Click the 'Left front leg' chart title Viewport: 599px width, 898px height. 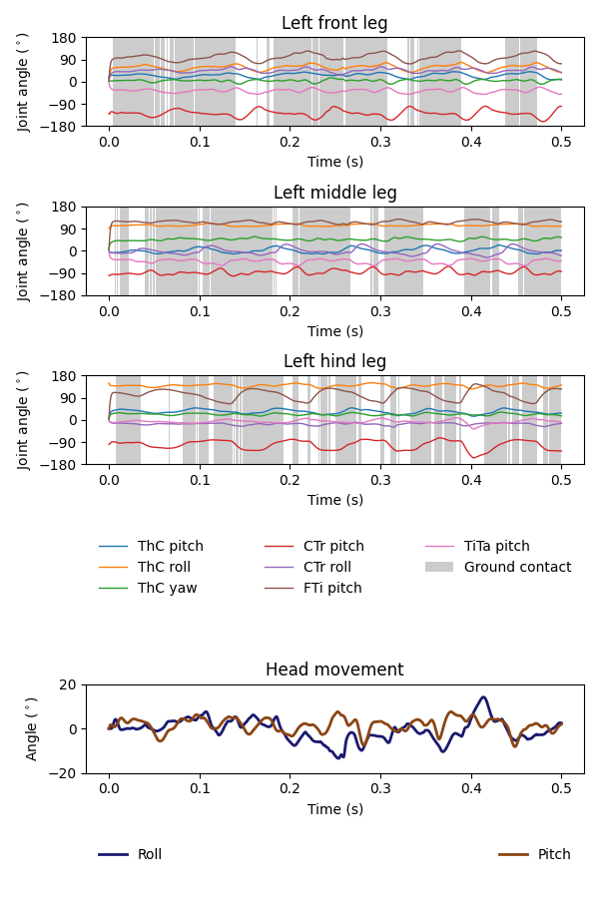point(334,23)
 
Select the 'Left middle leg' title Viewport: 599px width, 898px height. point(334,193)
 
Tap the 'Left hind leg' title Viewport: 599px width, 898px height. point(334,361)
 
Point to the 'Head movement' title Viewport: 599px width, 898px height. point(334,670)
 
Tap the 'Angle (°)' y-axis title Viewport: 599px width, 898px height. point(33,728)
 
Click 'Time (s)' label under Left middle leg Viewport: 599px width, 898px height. point(334,331)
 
